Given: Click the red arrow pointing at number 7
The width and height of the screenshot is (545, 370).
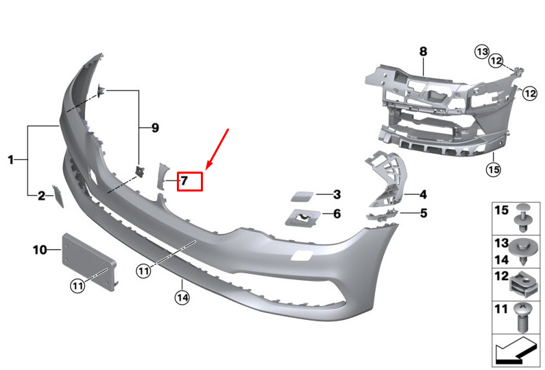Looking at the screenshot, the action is coord(217,149).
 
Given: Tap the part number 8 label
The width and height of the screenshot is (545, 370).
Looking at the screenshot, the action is coord(423,51).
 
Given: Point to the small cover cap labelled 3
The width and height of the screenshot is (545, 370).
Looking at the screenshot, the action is coord(302,196).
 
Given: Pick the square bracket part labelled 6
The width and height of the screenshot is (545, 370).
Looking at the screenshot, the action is coord(302,218).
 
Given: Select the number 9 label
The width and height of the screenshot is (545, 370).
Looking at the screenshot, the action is coord(155,128).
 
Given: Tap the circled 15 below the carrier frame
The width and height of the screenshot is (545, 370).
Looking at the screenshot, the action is coord(494,169).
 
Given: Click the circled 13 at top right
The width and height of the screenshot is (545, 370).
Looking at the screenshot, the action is coord(483,52).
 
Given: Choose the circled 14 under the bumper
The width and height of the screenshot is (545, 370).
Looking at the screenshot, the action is coord(182,298).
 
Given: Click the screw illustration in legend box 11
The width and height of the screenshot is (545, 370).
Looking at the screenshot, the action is coord(522,317).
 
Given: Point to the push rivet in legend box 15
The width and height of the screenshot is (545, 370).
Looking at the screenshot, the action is coord(523,218).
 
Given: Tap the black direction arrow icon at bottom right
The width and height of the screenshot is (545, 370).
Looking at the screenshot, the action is coord(516,351).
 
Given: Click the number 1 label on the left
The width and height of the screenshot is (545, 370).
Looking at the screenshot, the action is coord(11,160).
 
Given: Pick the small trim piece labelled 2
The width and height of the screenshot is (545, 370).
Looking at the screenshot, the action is coord(58,196).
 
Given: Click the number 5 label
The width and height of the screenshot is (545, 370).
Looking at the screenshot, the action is coord(424,213).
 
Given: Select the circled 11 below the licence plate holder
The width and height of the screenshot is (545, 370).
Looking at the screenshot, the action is coord(77,286).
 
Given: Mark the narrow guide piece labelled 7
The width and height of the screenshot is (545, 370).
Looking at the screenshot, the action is coord(162,176).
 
